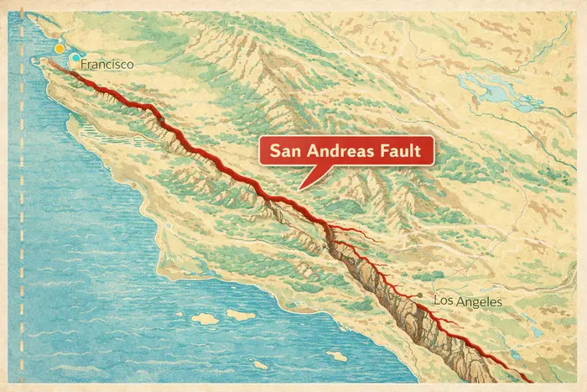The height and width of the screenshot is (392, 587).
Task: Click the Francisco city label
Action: point(107,64)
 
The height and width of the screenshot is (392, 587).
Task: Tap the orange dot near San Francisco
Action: point(59,50)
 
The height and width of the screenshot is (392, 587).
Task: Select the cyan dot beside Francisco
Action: point(75,58)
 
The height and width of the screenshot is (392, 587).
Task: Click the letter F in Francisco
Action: point(86,64)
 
